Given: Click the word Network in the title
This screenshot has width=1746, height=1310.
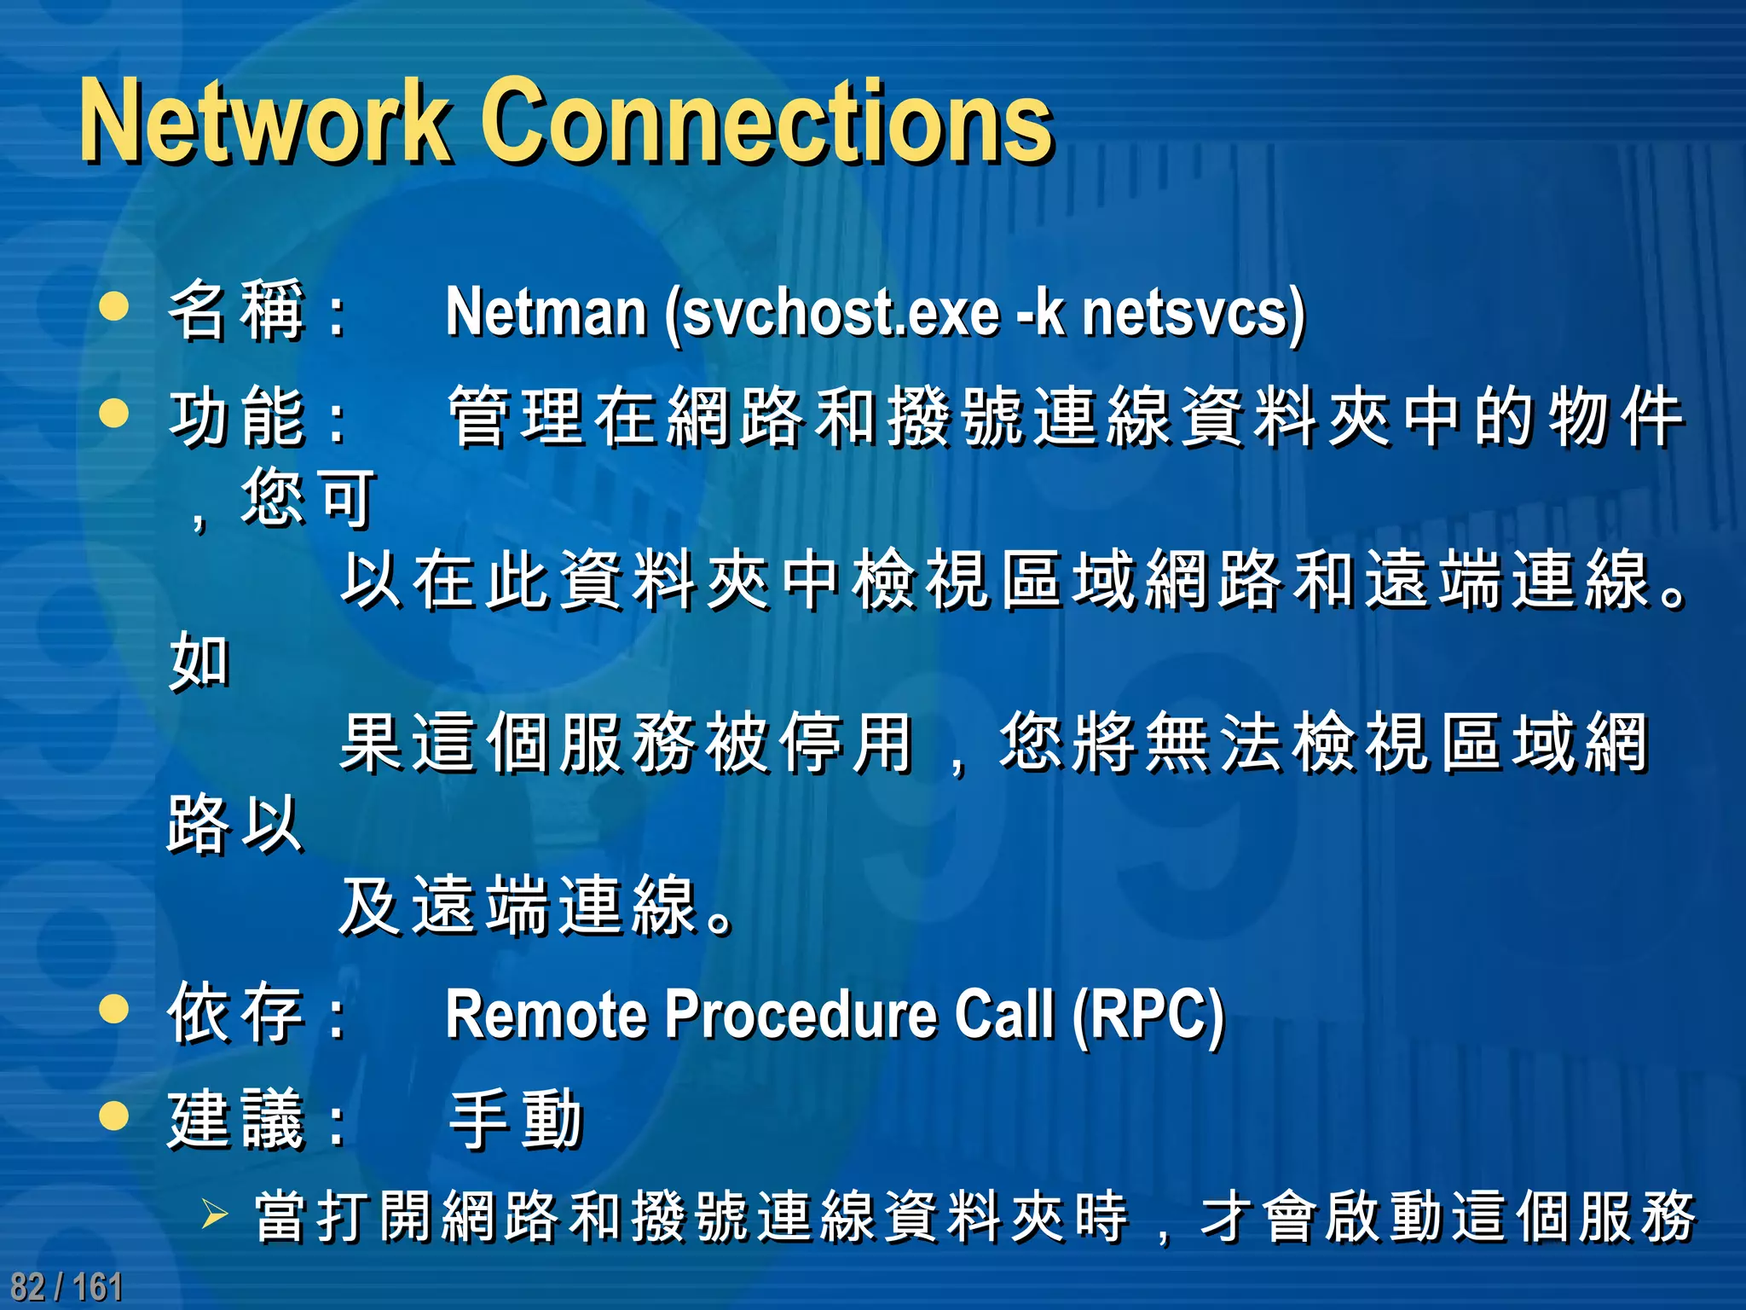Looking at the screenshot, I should point(264,121).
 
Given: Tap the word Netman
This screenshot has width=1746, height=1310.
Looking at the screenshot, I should point(546,312).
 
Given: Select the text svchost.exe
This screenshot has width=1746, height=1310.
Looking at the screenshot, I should point(841,312).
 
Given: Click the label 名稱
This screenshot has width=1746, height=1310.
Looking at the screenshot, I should point(237,310).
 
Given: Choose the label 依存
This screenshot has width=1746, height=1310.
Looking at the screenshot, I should point(237,1013).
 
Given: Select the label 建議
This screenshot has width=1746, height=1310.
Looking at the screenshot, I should point(237,1119).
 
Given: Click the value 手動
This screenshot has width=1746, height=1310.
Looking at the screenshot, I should point(517,1119).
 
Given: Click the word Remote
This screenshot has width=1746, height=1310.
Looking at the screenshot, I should point(546,1015).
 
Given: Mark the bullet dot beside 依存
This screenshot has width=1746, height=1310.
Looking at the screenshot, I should point(114,1010).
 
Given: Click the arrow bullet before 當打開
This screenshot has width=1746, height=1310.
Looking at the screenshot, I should point(214,1214).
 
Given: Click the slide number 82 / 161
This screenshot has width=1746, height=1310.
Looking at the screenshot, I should point(66,1286).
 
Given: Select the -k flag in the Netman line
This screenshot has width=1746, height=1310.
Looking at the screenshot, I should point(1041,312).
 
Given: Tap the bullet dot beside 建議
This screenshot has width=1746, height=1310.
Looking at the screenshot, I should point(114,1116).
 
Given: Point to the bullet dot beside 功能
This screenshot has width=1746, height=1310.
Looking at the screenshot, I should point(114,413).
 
